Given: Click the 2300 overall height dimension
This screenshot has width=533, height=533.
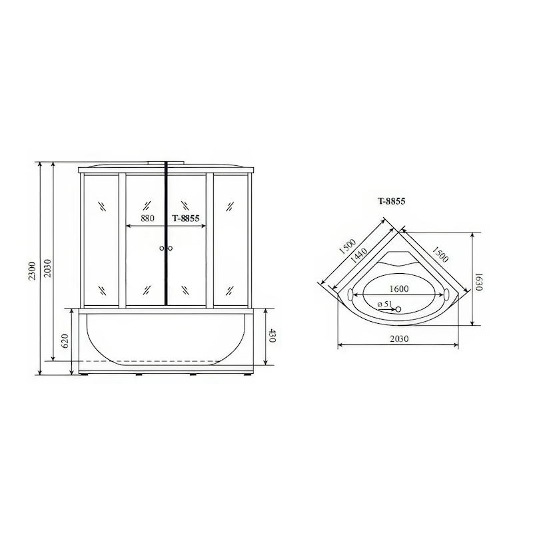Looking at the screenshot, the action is (31, 270).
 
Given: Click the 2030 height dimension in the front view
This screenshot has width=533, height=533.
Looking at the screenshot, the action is (47, 268).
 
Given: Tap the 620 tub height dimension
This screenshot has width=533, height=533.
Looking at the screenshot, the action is (65, 340).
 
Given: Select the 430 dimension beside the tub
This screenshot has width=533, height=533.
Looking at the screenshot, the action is (270, 336).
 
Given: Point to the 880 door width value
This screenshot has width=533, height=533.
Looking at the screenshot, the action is (147, 218).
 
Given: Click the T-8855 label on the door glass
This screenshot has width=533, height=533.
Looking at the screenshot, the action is (186, 219).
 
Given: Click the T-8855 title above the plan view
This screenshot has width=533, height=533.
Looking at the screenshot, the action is (392, 201).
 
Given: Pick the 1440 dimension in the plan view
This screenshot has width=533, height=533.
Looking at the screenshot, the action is (358, 257).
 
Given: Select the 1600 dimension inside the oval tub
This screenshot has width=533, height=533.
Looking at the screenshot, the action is (398, 288).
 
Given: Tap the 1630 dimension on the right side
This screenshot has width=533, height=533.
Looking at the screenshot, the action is (478, 281).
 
